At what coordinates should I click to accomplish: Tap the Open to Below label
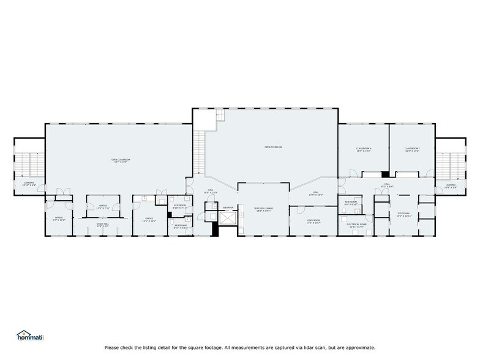click(273, 148)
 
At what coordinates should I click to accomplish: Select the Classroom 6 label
click(364, 149)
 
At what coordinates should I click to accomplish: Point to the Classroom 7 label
click(411, 149)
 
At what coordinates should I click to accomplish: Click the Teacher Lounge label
click(263, 209)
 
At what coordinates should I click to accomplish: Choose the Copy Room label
click(313, 222)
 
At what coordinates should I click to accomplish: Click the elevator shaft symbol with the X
click(227, 219)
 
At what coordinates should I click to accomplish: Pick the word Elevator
click(228, 208)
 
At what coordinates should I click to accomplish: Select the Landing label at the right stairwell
click(450, 186)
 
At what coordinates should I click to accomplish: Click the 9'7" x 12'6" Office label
click(59, 219)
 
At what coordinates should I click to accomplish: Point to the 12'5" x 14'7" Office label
click(149, 220)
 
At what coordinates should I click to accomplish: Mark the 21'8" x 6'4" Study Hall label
click(102, 225)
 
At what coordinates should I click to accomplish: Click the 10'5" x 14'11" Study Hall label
click(403, 214)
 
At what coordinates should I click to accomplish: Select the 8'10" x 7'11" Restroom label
click(179, 206)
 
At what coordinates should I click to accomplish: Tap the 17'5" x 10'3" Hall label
click(316, 193)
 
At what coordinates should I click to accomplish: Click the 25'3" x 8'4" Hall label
click(388, 184)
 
